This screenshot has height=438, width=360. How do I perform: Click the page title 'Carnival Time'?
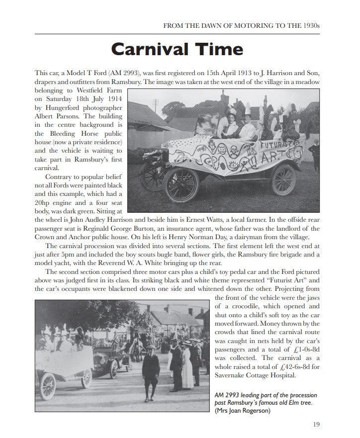pyautogui.click(x=177, y=49)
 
